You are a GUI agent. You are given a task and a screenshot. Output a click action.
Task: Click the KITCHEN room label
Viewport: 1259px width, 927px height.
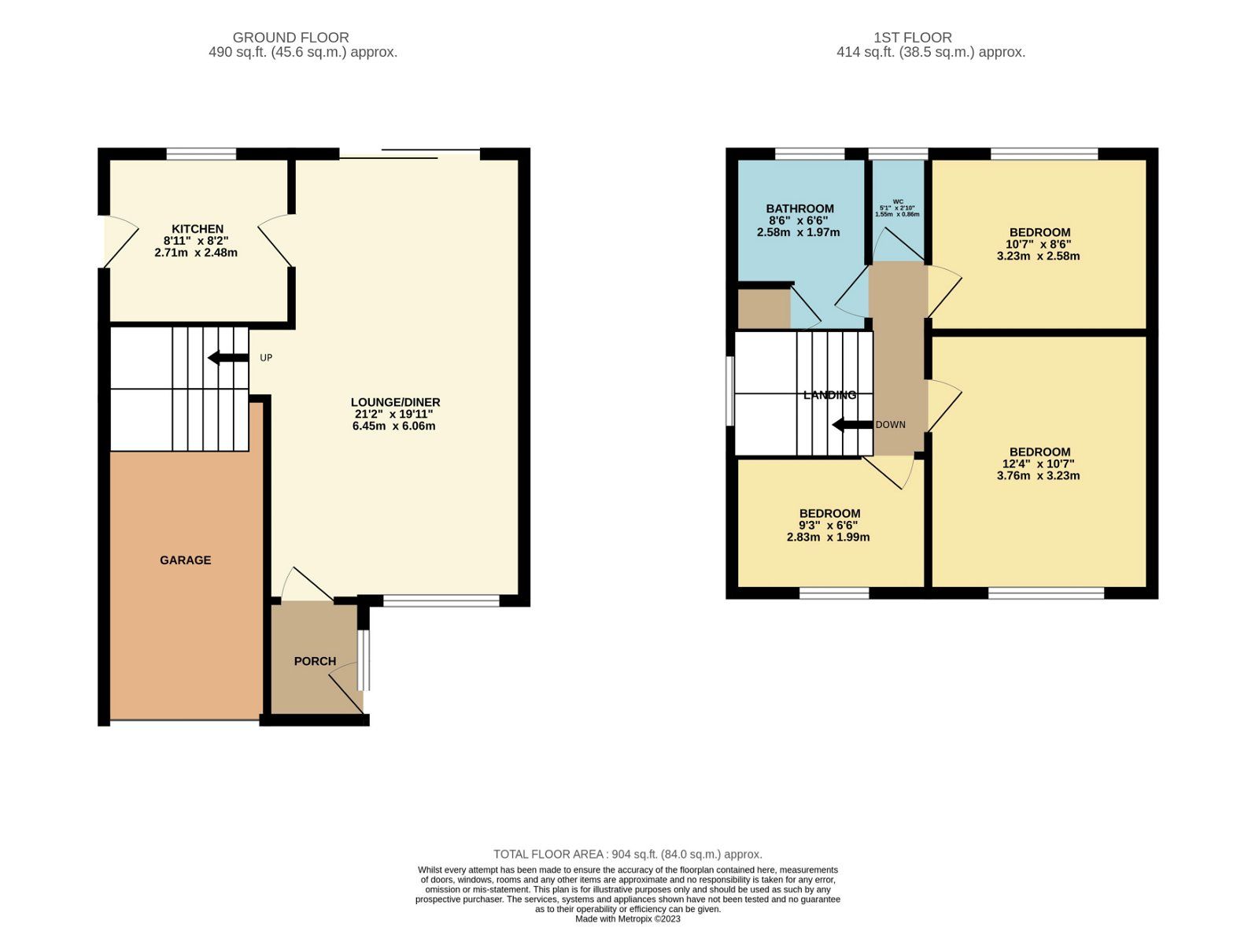(x=198, y=229)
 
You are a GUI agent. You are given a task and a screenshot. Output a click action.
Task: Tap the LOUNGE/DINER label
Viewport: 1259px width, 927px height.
(x=395, y=402)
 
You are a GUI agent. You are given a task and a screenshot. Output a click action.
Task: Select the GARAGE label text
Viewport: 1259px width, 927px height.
(x=185, y=560)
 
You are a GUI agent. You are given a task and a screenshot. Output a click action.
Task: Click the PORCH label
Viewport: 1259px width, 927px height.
(x=315, y=661)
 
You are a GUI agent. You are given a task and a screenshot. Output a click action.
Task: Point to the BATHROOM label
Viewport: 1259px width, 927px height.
(x=799, y=209)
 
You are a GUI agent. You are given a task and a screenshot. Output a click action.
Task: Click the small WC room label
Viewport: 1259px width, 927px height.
(x=898, y=201)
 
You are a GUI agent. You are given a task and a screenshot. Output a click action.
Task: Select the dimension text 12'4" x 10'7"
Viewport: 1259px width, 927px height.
(x=1039, y=464)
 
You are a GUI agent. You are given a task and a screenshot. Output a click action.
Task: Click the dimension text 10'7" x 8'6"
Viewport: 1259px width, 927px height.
(x=1039, y=244)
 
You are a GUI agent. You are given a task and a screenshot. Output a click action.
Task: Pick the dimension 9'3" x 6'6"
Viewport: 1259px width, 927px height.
(x=829, y=525)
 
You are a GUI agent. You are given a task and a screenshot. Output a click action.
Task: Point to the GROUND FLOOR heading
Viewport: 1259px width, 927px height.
(x=290, y=37)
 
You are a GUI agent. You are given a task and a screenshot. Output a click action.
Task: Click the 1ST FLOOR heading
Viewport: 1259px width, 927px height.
(x=912, y=37)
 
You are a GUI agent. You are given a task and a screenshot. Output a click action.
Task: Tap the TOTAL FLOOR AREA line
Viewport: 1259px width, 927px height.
(x=627, y=854)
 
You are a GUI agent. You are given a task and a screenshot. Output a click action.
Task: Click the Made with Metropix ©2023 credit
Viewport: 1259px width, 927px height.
(x=627, y=918)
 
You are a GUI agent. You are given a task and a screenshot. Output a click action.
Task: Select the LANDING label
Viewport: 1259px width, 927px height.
(x=829, y=395)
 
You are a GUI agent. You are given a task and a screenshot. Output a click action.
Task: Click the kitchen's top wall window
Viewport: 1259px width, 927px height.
(x=201, y=154)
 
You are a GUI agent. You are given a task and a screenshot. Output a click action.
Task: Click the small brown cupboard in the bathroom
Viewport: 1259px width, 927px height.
(x=763, y=308)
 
